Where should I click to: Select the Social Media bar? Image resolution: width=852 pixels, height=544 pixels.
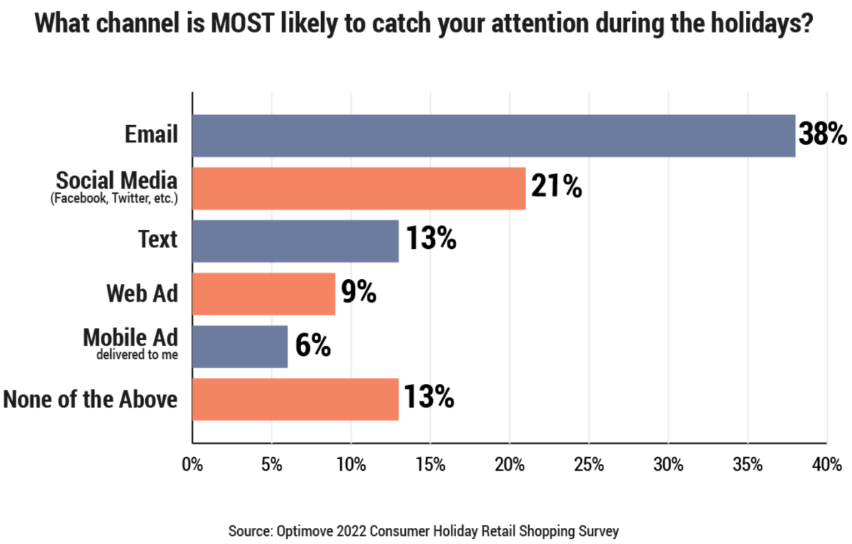pos(359,188)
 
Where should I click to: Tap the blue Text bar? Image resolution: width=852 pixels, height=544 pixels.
pos(296,241)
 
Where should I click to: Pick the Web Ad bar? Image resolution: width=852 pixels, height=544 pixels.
pos(264,293)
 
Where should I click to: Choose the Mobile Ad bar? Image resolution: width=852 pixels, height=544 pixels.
pos(240,346)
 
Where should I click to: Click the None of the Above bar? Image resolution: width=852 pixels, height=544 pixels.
pos(296,399)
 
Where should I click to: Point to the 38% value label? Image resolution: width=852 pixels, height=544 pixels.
pos(822,135)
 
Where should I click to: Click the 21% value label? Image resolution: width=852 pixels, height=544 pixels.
pos(556,188)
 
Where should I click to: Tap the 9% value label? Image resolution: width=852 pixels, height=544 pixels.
pos(359,293)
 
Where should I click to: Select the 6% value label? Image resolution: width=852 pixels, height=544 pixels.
pos(312,346)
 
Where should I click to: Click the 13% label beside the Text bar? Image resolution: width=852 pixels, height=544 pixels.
pos(431,239)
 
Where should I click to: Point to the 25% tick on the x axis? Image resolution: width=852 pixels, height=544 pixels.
pos(589,465)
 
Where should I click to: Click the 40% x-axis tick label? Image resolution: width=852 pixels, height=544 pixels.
pos(826,465)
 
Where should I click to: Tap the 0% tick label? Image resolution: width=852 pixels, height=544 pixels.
pos(192,465)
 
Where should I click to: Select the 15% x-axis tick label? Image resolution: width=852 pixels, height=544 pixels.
pos(430,465)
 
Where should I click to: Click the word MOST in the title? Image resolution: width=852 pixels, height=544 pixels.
pos(248,24)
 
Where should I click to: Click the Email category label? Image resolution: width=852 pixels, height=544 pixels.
pos(151,134)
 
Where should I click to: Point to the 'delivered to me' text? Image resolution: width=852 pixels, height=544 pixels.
pos(137,355)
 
